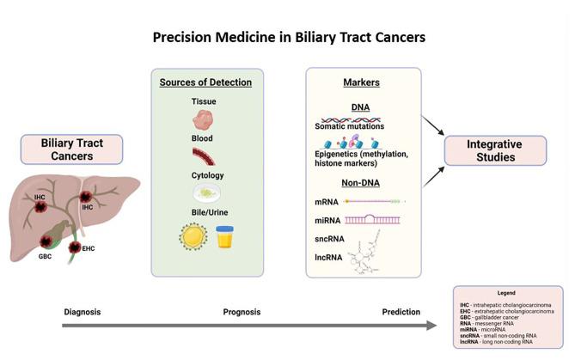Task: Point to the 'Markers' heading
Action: [364, 82]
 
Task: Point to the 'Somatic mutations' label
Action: [349, 126]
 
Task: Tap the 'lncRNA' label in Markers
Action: [328, 257]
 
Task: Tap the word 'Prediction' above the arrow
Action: [401, 311]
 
